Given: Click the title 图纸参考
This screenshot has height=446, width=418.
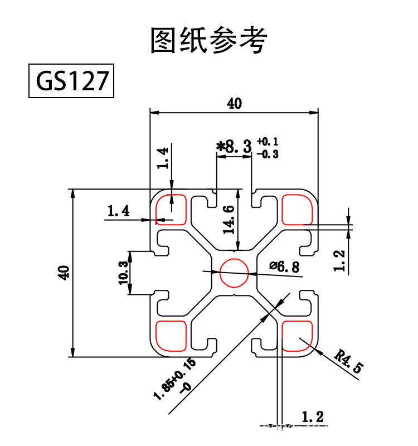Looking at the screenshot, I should point(209,40).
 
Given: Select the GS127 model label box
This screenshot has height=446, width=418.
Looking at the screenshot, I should point(71,81).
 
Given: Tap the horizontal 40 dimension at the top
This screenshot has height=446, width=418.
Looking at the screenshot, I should point(235,104).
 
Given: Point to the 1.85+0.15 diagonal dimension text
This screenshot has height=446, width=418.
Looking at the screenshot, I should point(176,379).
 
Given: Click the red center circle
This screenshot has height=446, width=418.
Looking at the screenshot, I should point(234,273).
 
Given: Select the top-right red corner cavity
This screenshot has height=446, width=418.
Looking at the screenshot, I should point(297,209).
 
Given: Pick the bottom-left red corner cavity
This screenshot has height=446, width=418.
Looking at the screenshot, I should point(171,337).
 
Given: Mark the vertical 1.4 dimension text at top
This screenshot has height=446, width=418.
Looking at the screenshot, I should point(162,158).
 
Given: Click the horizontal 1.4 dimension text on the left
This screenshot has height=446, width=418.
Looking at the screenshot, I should point(118,211).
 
